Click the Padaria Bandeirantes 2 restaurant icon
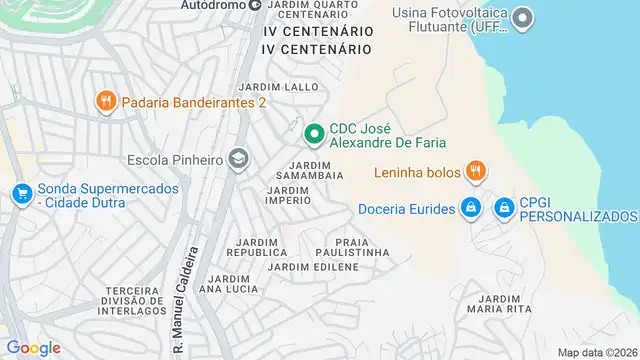tap(105, 101)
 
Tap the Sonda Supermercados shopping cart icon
tap(21, 194)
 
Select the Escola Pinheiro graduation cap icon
tap(238, 159)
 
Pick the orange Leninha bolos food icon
tap(476, 172)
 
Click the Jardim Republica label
tap(262, 247)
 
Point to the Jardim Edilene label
tap(313, 266)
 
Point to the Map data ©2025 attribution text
tap(597, 352)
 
